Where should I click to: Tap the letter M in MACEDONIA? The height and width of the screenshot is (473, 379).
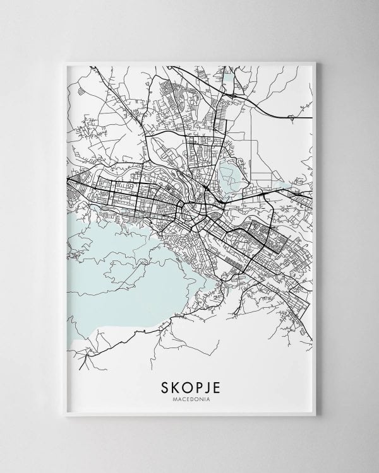tap(174, 399)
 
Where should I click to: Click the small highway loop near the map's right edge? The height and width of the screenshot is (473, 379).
tap(292, 117)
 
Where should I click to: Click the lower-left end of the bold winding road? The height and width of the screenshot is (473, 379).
tap(81, 366)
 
